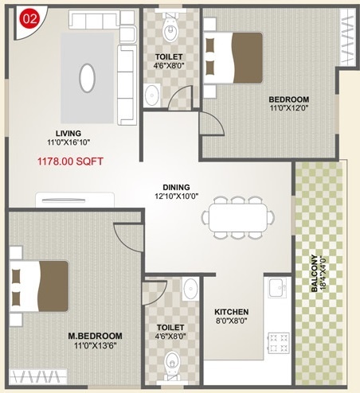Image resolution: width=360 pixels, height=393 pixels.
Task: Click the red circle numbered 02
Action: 29,19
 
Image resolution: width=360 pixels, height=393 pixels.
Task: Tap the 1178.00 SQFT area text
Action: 70,160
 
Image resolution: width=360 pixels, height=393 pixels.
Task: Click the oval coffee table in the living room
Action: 88,78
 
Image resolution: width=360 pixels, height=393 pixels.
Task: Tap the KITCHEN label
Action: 232,312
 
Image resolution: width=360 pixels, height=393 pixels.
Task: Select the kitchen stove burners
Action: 277,341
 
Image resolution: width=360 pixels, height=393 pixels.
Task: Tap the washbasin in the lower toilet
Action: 190,289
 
